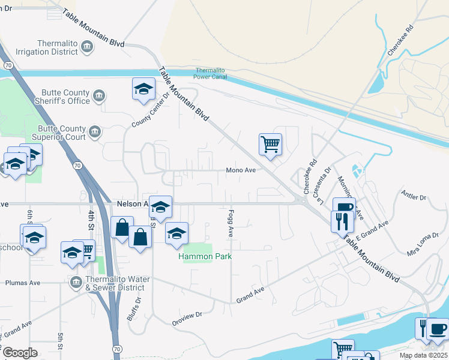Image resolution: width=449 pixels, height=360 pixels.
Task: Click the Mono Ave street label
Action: [x=241, y=170]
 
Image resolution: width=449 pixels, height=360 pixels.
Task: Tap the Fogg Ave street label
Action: [x=231, y=222]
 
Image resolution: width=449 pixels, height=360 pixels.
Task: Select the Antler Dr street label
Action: [x=414, y=197]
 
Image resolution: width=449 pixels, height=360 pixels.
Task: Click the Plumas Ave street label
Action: [x=22, y=283]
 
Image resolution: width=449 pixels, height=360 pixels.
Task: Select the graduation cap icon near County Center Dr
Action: [x=143, y=89]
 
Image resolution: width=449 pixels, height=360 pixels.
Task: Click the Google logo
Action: [x=20, y=352]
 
